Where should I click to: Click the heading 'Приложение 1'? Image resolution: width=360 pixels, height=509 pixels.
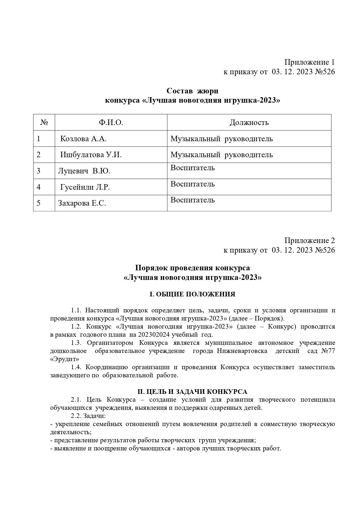pyautogui.click(x=309, y=62)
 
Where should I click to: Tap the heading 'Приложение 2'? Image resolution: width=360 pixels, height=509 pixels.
pyautogui.click(x=309, y=240)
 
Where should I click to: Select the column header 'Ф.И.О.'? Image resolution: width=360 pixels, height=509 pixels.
pyautogui.click(x=111, y=123)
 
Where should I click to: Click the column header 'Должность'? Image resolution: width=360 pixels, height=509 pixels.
pyautogui.click(x=249, y=123)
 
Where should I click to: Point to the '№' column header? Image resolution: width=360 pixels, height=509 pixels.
pyautogui.click(x=44, y=123)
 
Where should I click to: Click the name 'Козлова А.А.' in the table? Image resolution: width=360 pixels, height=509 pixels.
pyautogui.click(x=83, y=139)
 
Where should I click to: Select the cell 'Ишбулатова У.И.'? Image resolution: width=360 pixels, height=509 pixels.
pyautogui.click(x=91, y=155)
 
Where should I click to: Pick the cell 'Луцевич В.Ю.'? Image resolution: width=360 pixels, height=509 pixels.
pyautogui.click(x=84, y=171)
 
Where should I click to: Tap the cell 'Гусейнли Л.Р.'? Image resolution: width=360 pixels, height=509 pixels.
pyautogui.click(x=85, y=187)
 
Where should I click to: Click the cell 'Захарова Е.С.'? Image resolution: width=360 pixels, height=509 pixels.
pyautogui.click(x=82, y=203)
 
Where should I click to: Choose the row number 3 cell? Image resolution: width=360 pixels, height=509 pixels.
pyautogui.click(x=39, y=171)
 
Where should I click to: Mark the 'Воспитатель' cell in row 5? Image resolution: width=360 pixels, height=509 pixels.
pyautogui.click(x=193, y=200)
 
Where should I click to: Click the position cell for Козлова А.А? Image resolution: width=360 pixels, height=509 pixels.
pyautogui.click(x=222, y=139)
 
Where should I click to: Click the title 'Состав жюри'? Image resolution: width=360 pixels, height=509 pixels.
pyautogui.click(x=192, y=91)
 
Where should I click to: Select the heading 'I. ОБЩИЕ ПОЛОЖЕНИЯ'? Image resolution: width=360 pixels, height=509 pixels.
pyautogui.click(x=192, y=294)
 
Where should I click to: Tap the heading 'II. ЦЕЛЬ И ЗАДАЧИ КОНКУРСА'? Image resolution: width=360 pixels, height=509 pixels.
pyautogui.click(x=192, y=392)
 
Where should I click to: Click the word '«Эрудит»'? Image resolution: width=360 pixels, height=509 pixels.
pyautogui.click(x=65, y=359)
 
